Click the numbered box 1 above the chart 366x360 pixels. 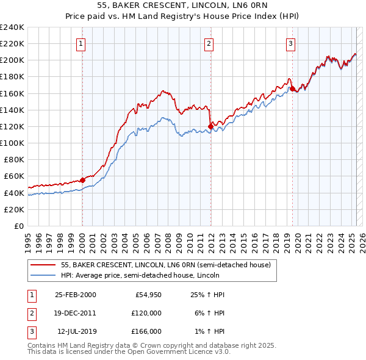81,43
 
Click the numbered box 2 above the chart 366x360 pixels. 209,43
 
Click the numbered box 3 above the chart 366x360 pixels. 291,43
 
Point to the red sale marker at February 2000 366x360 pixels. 82,180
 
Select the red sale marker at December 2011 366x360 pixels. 210,126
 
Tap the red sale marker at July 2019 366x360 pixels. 292,88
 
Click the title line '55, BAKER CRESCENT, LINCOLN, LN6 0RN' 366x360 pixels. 182,6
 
